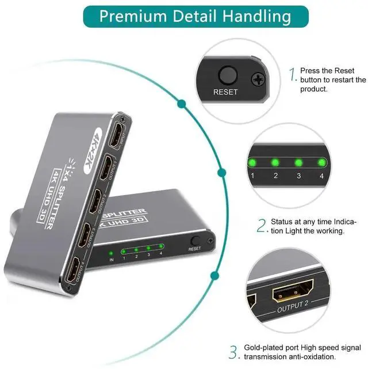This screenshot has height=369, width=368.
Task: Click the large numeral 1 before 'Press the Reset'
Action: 293,74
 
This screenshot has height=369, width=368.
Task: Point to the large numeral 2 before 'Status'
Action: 262,226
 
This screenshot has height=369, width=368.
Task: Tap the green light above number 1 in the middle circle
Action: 252,162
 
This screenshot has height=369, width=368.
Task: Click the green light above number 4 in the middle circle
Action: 321,162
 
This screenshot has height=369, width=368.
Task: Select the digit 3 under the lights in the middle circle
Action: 298,176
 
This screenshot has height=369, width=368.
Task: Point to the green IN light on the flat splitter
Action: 110,253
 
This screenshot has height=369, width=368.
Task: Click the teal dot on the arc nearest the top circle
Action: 182,104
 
